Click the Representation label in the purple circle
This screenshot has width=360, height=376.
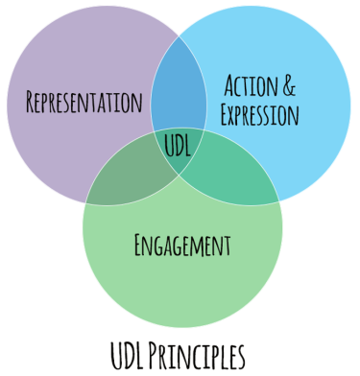tap(85, 101)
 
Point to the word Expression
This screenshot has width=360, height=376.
tap(259, 116)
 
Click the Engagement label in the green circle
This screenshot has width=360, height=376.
tap(181, 245)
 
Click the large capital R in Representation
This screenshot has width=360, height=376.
tap(33, 101)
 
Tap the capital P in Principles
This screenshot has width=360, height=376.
tap(156, 354)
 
